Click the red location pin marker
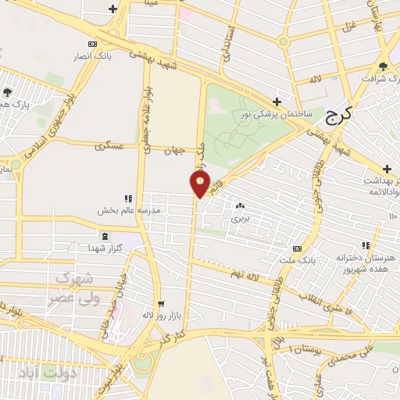tap(199, 184)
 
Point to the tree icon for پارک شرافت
tap(382, 66)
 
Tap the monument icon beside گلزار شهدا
tap(105, 235)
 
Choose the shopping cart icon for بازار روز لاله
tap(160, 304)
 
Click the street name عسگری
tap(109, 146)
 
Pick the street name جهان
tap(174, 149)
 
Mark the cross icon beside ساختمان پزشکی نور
tap(277, 102)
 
